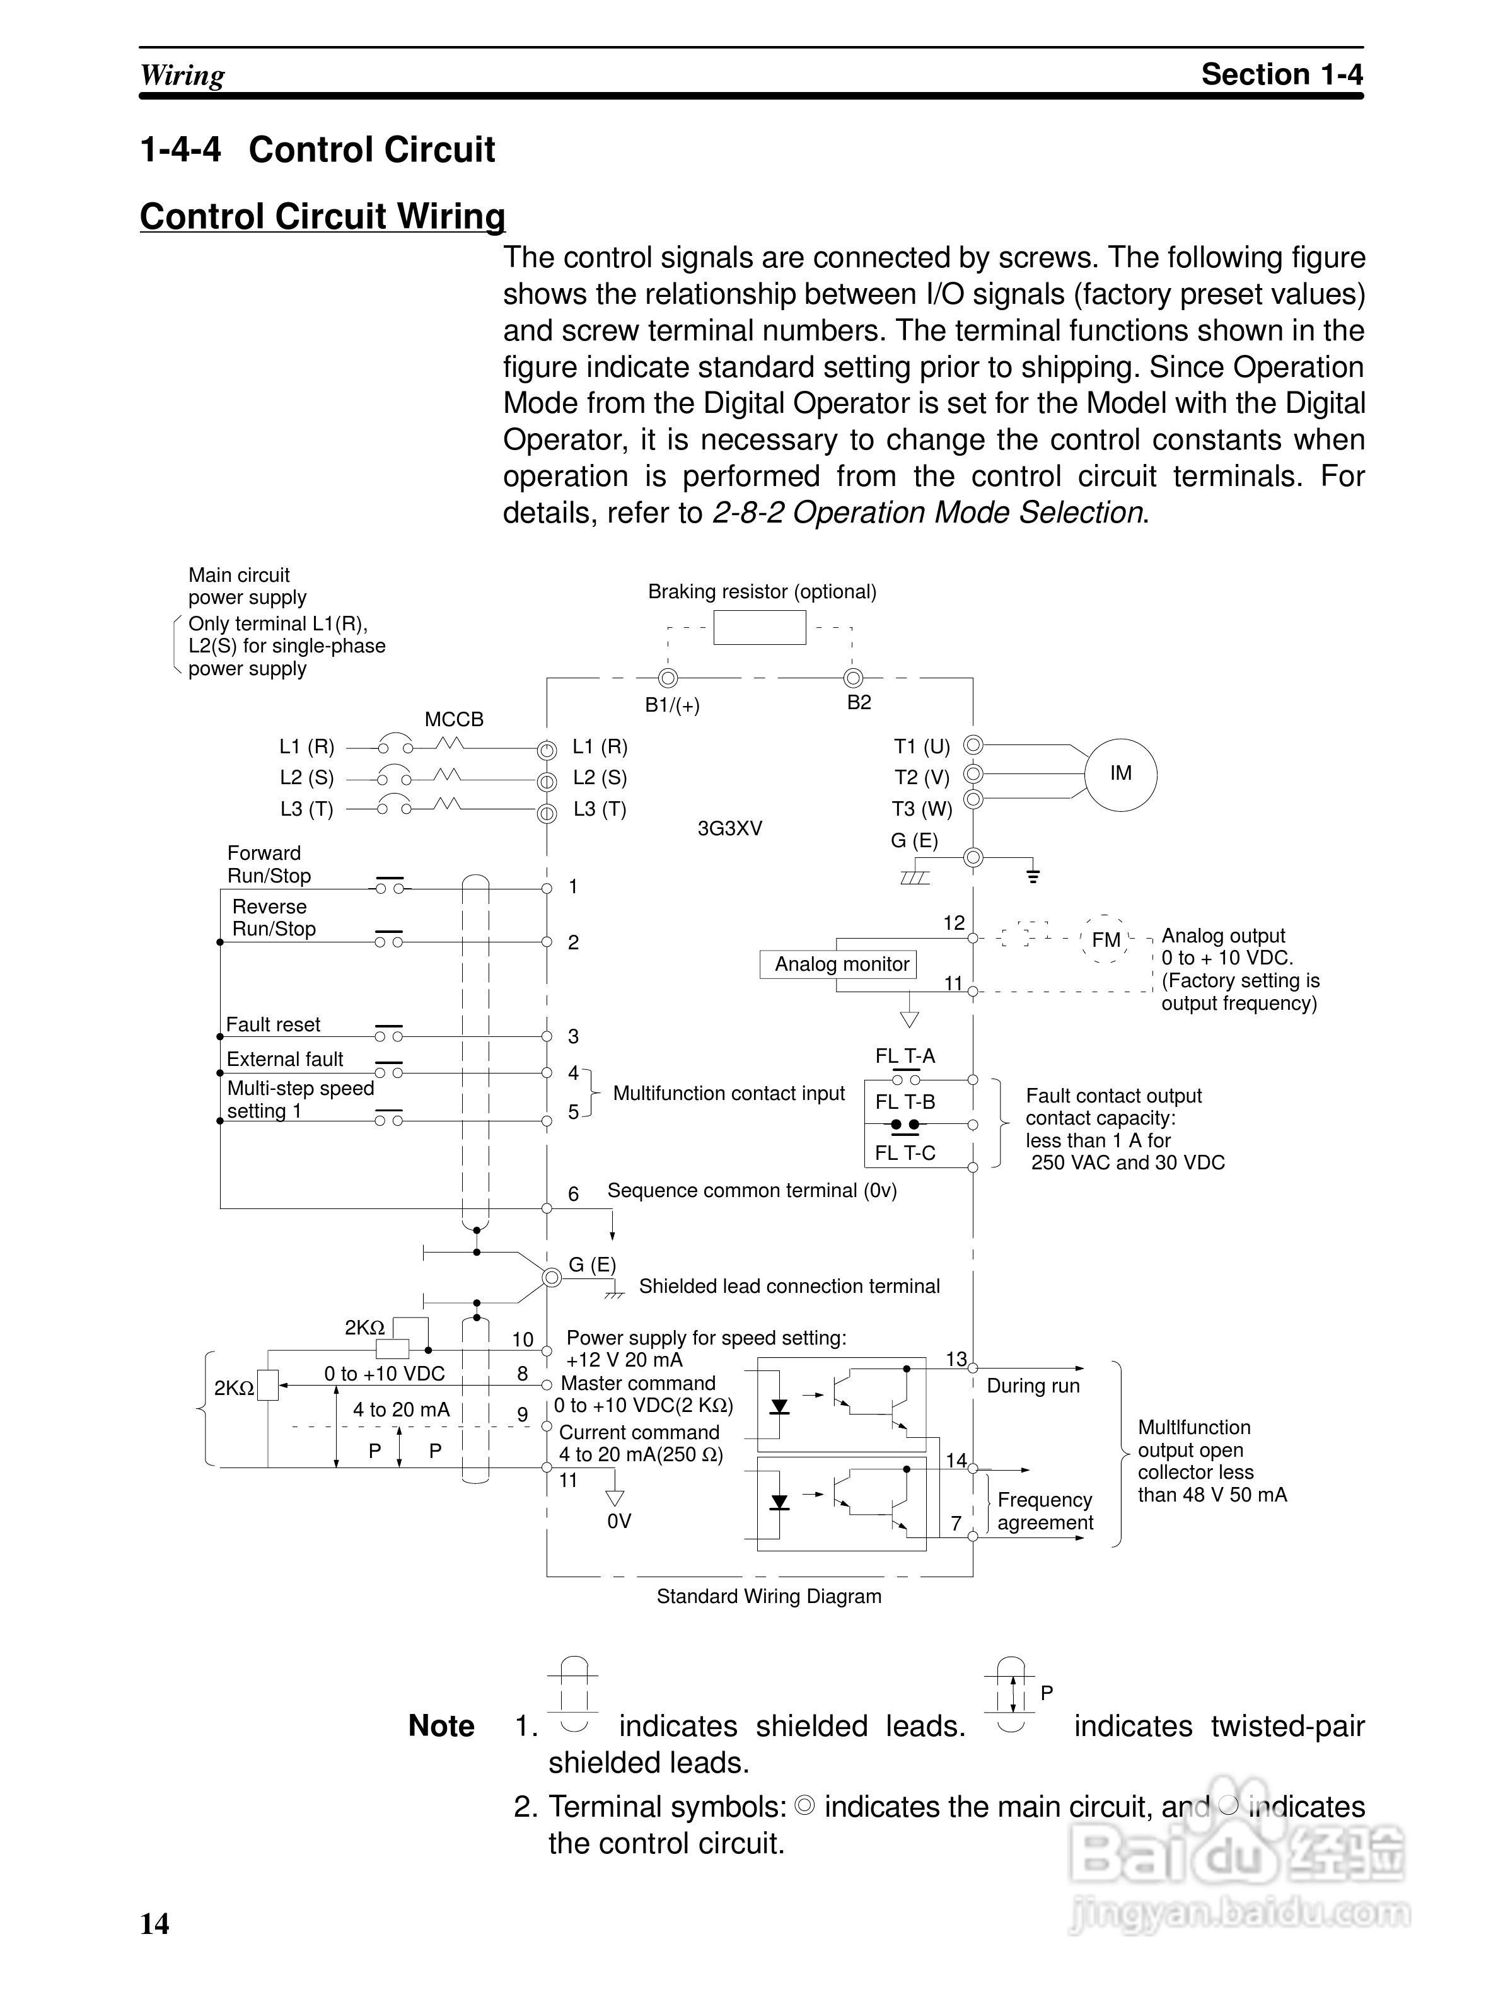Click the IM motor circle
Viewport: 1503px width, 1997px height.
point(1120,773)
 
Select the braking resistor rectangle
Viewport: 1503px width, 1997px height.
point(759,627)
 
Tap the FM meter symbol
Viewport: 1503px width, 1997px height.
point(1106,940)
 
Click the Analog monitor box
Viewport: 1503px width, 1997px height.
point(841,964)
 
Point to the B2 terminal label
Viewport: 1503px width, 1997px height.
point(859,702)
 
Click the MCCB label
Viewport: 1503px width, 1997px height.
point(454,719)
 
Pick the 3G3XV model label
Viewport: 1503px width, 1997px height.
point(729,829)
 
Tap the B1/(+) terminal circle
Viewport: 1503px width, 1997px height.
point(668,678)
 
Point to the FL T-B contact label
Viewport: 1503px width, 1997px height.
point(905,1103)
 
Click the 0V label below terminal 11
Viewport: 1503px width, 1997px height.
point(619,1521)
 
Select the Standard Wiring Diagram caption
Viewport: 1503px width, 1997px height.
point(768,1596)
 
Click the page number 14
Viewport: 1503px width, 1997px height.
point(154,1924)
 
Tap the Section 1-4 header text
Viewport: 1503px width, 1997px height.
point(1281,74)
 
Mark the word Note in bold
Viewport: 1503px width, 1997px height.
point(441,1725)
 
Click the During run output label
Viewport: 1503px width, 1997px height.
point(1033,1386)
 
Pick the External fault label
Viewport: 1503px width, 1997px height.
point(284,1059)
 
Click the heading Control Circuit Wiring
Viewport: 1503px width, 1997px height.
point(322,217)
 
